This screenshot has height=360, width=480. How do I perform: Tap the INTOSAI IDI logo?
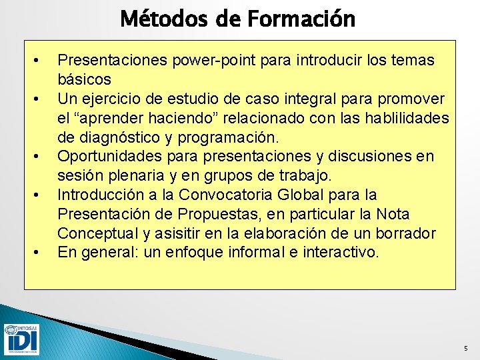(x=21, y=339)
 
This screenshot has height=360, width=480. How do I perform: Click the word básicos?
(x=84, y=80)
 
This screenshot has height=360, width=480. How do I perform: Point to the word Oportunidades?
(x=101, y=157)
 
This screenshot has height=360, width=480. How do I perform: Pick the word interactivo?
(x=341, y=253)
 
